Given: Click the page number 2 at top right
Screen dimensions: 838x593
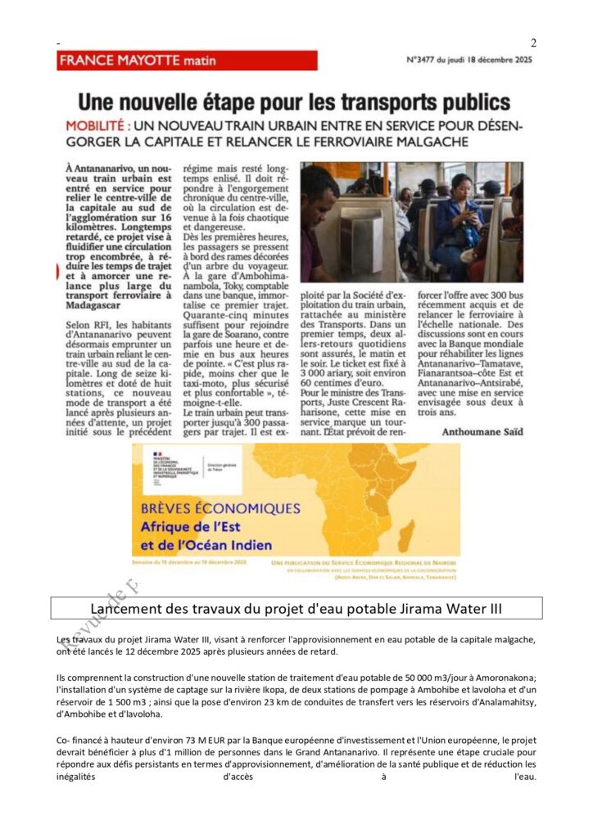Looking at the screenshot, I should [x=533, y=43].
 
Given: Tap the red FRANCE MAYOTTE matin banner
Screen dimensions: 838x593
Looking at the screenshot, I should [x=188, y=61].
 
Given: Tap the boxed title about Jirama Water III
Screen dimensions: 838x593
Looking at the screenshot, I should [x=296, y=608].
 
